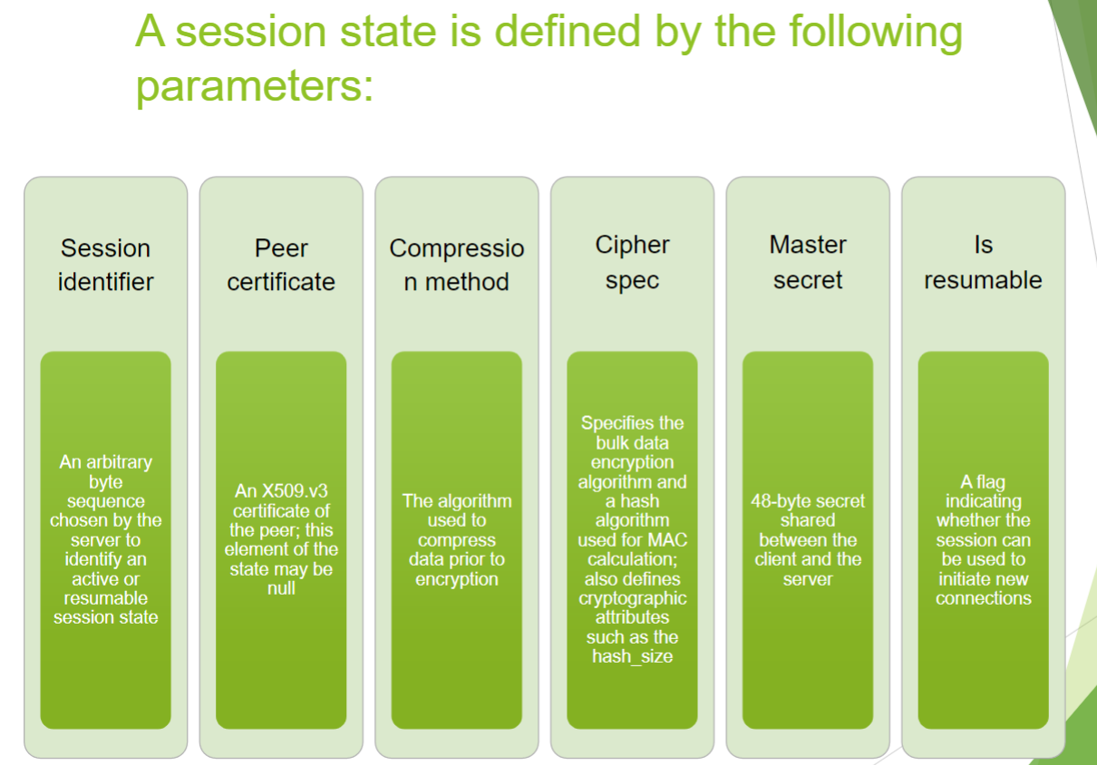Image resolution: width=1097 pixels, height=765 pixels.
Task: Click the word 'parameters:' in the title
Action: coord(255,87)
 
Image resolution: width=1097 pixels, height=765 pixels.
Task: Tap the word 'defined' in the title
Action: coord(568,32)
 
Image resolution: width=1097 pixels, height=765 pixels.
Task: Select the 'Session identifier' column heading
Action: coord(106,265)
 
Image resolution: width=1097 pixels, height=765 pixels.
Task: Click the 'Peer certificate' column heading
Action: coord(281,265)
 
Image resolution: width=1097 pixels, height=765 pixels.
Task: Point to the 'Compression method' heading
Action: coord(456,265)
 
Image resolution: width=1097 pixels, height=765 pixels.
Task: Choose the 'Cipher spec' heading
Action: coord(632,262)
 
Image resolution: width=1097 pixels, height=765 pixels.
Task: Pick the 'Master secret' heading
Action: coord(808,262)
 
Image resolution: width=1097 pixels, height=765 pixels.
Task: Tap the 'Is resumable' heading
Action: coord(983,262)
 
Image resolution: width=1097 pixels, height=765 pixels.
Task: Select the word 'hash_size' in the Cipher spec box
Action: coord(632,656)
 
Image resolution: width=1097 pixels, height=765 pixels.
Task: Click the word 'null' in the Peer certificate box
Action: coord(281,587)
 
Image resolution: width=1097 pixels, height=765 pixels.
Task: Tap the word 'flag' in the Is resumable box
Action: coord(991,482)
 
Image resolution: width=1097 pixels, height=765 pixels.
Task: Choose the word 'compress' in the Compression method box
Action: coord(456,540)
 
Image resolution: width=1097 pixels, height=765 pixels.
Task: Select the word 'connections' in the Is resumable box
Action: coord(984,598)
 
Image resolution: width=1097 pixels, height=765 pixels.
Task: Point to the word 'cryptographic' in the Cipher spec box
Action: coord(632,598)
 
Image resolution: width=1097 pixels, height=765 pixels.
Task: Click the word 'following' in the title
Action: coord(876,33)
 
